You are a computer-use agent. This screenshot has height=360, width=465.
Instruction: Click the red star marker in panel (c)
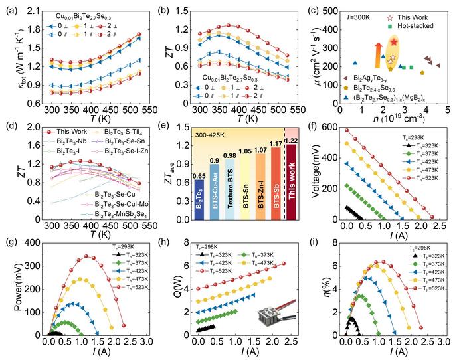(x=395, y=42)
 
